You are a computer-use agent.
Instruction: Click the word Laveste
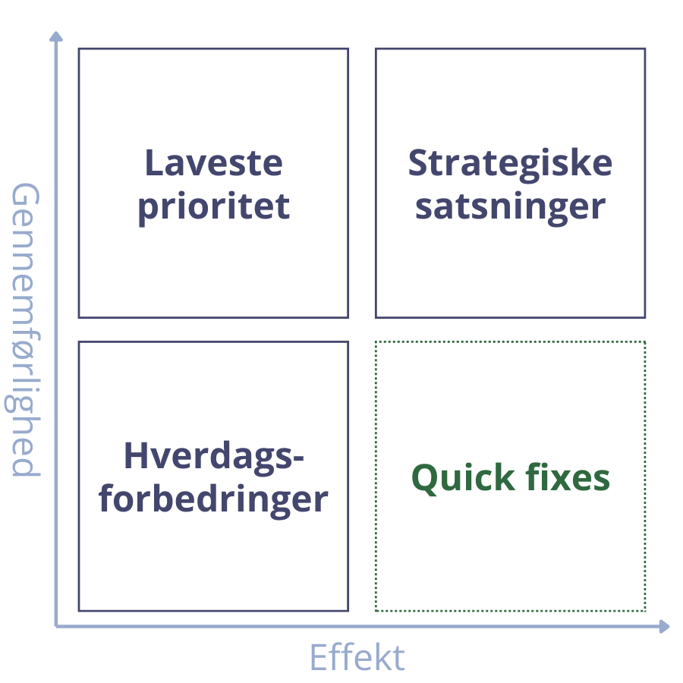coord(213,162)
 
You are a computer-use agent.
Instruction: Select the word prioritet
coord(213,206)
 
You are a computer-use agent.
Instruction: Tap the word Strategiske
coord(510,162)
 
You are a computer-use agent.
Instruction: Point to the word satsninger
coord(510,206)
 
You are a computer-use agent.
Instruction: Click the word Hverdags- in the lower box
coord(213,457)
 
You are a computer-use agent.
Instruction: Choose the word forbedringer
coord(213,499)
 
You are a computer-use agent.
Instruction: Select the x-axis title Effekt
coord(357,657)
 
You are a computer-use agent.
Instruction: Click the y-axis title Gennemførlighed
coord(27,329)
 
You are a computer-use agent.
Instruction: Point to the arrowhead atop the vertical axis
coord(55,35)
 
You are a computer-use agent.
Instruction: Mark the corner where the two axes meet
coord(56,626)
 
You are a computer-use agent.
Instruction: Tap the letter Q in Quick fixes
coord(425,478)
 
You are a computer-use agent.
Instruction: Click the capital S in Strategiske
coord(420,162)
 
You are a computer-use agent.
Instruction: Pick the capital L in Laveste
coord(152,162)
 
